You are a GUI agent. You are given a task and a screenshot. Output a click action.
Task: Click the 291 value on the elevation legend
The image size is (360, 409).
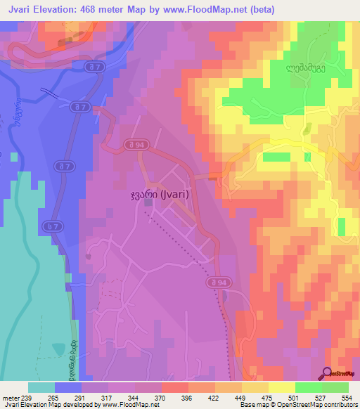tap(81, 397)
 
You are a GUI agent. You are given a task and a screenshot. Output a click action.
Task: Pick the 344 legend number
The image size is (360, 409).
tap(135, 397)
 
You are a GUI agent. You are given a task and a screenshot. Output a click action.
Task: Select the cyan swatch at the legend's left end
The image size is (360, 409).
tap(41, 387)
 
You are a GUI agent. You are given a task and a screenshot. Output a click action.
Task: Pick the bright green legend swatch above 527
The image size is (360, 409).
tap(335, 387)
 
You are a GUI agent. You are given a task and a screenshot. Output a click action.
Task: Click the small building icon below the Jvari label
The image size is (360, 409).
tap(148, 203)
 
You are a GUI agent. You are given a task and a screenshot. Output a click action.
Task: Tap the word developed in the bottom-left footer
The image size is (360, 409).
tap(77, 405)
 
